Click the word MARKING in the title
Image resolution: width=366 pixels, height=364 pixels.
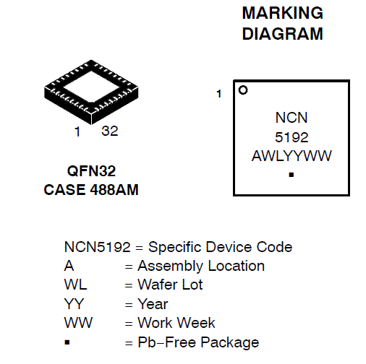[283, 13]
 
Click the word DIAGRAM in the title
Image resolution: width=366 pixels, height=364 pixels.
[283, 34]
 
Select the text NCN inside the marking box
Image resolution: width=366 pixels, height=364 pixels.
[291, 118]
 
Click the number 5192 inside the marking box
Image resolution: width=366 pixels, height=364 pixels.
[291, 137]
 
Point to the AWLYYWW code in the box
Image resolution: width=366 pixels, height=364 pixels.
[291, 156]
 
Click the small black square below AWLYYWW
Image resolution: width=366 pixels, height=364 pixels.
[291, 175]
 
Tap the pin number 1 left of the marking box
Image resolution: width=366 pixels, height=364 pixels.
[219, 94]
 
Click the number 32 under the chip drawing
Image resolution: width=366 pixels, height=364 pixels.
[110, 131]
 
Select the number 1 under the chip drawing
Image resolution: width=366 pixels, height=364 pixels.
[77, 131]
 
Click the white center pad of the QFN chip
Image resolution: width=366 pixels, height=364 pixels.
[91, 86]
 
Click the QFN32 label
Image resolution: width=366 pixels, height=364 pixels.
[91, 171]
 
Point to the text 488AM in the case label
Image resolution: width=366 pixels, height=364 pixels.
[114, 190]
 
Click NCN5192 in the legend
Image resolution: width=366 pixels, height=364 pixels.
[98, 247]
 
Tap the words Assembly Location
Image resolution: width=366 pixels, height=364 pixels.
[201, 266]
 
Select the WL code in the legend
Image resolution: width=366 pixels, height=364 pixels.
[75, 285]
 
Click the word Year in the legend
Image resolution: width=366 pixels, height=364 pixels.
[153, 304]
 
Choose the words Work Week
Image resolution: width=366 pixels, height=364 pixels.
[176, 323]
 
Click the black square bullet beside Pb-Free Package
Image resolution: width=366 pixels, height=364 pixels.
[67, 342]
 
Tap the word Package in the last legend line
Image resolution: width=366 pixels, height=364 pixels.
[230, 343]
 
